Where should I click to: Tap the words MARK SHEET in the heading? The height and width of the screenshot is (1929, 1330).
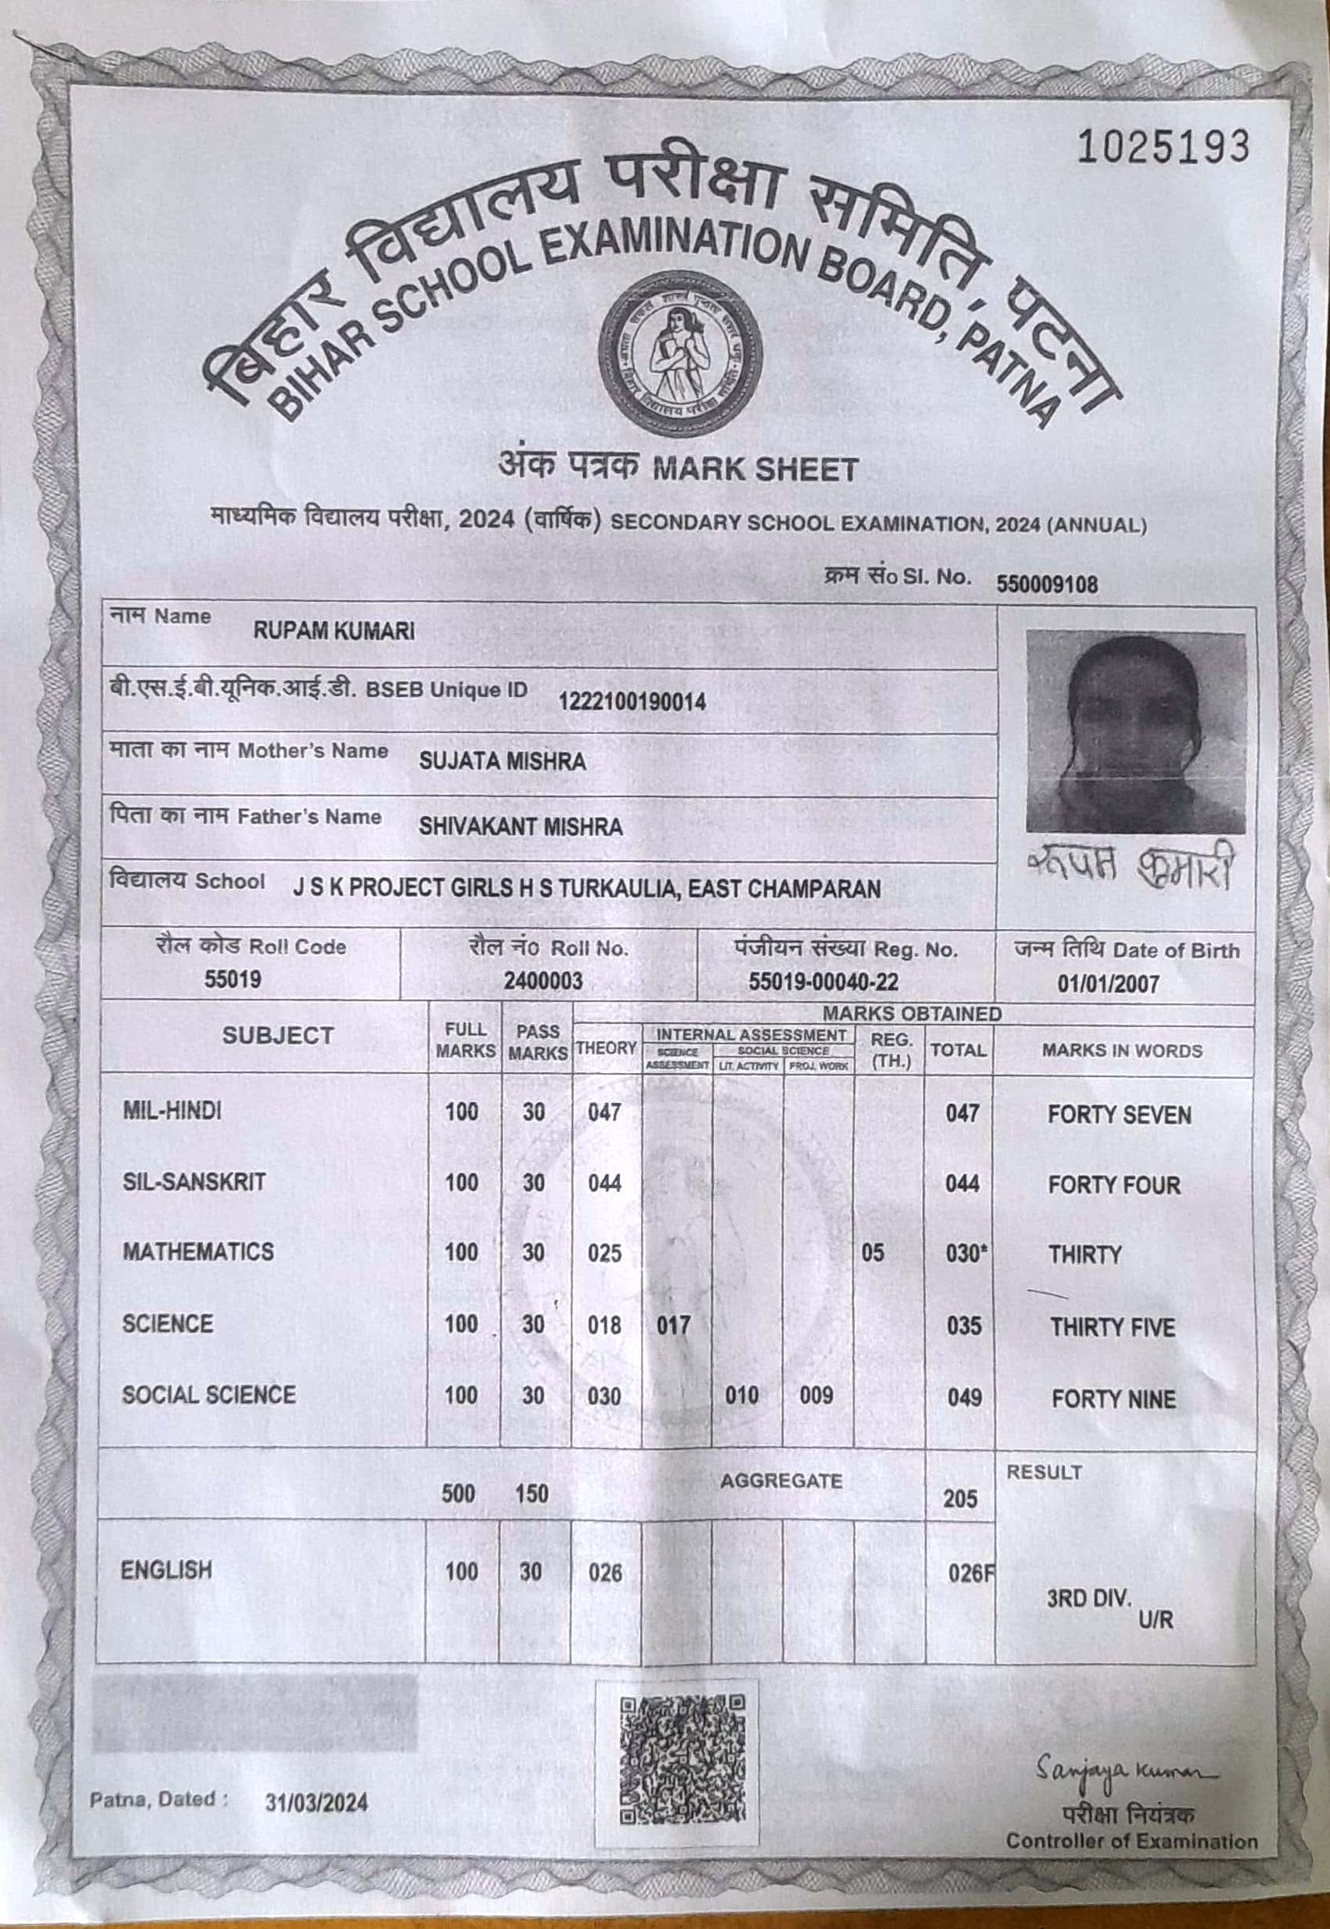753,470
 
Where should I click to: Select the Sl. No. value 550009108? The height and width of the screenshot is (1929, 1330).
1047,585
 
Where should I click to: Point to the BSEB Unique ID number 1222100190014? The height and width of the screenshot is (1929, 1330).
632,702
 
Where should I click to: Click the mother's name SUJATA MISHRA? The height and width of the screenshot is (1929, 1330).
502,760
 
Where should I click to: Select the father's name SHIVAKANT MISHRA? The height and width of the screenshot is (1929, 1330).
521,827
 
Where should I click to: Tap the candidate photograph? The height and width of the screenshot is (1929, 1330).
1135,731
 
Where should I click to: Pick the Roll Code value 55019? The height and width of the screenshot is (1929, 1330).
234,979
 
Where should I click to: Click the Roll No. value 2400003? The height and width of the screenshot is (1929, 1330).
543,982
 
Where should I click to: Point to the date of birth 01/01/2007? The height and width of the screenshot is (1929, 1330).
1108,984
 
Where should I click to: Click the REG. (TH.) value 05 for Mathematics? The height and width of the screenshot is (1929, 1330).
873,1252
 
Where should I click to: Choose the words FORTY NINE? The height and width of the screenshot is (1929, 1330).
1112,1399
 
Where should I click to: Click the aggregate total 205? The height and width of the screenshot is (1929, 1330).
960,1499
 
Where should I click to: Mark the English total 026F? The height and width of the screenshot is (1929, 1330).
970,1573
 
